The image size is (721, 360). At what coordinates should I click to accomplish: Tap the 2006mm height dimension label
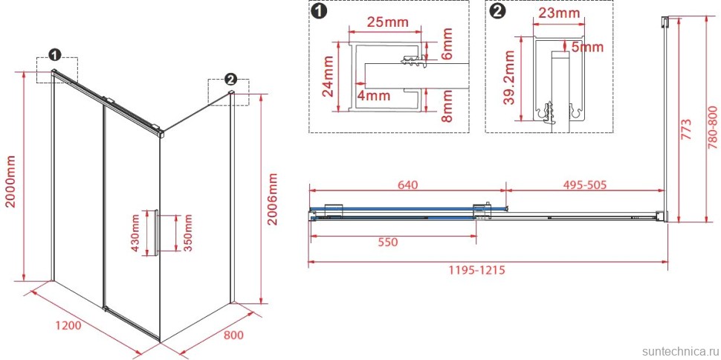(x=273, y=199)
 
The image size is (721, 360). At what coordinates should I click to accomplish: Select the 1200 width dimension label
(x=68, y=326)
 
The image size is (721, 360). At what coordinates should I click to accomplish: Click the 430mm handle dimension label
(x=136, y=233)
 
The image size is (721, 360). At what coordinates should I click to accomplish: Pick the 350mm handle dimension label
(x=187, y=233)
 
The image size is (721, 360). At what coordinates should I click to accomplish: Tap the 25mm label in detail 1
(x=385, y=21)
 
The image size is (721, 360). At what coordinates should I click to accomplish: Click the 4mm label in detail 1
(x=375, y=96)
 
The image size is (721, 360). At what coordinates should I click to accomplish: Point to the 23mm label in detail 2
(x=559, y=13)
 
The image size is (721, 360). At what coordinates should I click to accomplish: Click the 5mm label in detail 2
(x=586, y=47)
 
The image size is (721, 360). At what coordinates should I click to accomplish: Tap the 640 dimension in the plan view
(x=407, y=185)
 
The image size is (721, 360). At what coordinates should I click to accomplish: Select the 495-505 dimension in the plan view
(x=586, y=185)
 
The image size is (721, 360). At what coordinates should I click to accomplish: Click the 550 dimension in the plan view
(x=387, y=242)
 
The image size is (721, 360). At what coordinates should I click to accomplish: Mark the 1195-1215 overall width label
(x=477, y=270)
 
